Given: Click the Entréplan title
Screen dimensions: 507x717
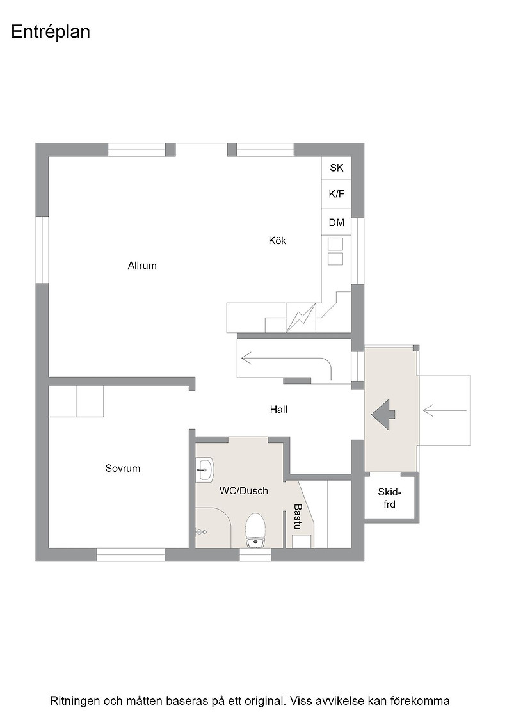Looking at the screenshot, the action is tap(51, 33).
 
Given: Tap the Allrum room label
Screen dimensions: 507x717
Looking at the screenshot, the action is tap(142, 266).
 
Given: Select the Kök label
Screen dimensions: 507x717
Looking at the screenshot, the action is tap(277, 241).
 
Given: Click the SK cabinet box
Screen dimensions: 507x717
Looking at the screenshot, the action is tap(336, 168).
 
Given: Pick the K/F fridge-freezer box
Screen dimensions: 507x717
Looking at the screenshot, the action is tap(336, 194).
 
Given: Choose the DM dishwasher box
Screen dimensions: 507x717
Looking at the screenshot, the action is tap(336, 223).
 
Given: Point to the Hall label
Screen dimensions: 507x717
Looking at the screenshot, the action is tap(278, 410).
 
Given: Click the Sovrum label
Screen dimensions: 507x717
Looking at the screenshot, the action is tap(122, 468).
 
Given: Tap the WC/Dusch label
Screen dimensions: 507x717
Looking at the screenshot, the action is tap(244, 491).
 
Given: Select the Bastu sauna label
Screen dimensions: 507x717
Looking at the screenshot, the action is tap(298, 517).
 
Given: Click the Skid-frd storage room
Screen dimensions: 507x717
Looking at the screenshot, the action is tap(389, 498).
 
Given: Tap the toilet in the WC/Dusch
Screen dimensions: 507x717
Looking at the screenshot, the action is tap(255, 531).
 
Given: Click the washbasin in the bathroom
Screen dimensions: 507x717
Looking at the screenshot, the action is tap(205, 470).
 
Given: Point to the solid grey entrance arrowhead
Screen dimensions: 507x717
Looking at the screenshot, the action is tap(383, 415).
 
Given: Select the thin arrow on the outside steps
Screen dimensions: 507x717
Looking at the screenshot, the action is tap(445, 410).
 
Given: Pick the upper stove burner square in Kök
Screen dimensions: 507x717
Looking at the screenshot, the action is tap(335, 244).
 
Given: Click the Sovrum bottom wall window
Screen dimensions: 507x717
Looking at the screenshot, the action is tap(131, 554).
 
